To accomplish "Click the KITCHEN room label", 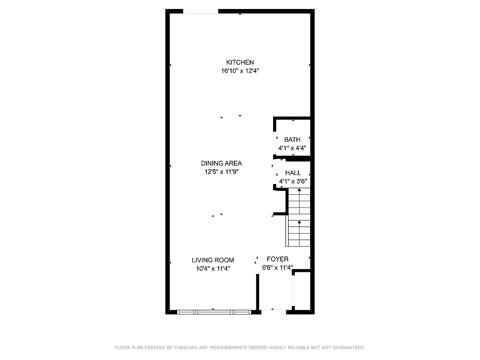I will click(x=240, y=63).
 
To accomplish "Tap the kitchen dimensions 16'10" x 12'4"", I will click(x=240, y=71).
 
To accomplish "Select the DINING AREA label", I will click(x=221, y=163).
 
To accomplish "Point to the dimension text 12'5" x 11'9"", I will click(x=221, y=171).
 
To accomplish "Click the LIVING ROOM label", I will click(x=213, y=260).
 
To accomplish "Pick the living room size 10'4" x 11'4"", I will click(x=213, y=269).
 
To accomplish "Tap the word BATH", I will click(x=292, y=140).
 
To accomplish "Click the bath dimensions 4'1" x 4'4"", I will click(x=292, y=148).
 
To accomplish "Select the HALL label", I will click(x=293, y=173).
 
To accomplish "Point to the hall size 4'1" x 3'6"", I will click(x=293, y=181).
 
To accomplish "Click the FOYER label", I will click(x=278, y=259).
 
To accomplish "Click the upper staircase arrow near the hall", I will click(x=299, y=191).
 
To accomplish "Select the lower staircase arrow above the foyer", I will click(x=299, y=223).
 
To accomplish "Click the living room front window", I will click(x=214, y=311).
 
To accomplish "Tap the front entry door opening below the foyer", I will click(x=273, y=310).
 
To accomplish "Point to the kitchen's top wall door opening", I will click(x=201, y=12).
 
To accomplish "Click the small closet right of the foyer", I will click(x=302, y=290).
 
